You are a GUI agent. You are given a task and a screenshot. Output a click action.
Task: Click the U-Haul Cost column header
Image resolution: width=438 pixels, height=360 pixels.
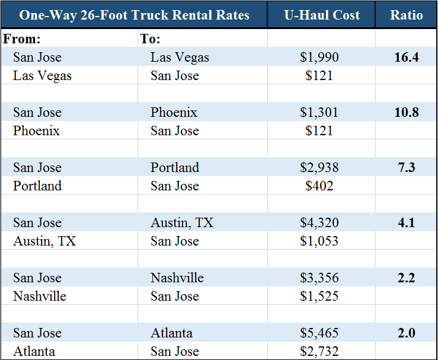[x=322, y=15]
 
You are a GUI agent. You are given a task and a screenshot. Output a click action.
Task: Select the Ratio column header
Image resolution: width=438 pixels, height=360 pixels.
[x=407, y=15]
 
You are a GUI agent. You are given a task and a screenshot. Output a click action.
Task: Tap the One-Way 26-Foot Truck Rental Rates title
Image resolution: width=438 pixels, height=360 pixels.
[x=135, y=15]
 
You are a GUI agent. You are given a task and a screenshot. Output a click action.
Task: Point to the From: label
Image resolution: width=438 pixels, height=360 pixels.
[x=23, y=39]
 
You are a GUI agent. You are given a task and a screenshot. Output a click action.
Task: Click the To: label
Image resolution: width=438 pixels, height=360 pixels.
[x=151, y=39]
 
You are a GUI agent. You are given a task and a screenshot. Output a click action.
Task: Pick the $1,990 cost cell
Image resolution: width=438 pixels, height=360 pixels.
[x=319, y=58]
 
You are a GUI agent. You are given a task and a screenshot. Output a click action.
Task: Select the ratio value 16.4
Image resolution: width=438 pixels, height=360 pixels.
[x=407, y=58]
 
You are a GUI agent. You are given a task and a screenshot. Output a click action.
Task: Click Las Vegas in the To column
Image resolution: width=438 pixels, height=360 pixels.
[x=180, y=58]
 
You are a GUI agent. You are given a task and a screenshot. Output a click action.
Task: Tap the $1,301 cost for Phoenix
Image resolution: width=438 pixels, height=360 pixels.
[x=319, y=113]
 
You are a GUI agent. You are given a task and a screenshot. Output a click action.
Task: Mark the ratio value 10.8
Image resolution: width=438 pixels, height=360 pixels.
[x=407, y=113]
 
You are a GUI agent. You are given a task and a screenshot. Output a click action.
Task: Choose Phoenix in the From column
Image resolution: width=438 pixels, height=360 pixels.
[x=36, y=131]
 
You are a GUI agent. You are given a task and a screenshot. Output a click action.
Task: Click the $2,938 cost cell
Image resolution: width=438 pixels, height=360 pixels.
[x=319, y=168]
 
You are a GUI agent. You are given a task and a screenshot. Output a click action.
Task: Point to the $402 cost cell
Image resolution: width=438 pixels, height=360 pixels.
[x=319, y=186]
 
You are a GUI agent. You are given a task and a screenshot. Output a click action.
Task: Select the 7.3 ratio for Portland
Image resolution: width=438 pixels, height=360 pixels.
[x=407, y=168]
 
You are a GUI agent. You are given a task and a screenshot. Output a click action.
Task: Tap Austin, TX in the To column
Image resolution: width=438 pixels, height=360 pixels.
[x=182, y=223]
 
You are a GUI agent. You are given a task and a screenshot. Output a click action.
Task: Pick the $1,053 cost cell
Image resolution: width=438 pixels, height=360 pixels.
[x=319, y=241]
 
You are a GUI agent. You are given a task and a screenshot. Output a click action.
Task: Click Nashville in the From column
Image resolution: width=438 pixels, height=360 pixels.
[x=40, y=297]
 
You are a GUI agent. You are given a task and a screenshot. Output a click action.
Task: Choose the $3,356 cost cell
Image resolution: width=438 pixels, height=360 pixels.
[x=319, y=278]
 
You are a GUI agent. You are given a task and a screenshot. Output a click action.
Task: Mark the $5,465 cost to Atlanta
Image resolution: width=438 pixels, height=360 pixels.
[x=319, y=333]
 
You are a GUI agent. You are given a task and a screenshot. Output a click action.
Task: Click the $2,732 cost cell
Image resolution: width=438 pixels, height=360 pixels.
[x=319, y=352]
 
